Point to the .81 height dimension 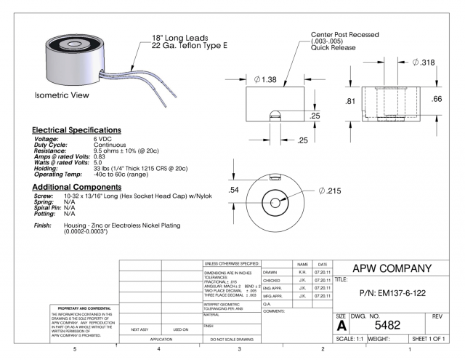349,102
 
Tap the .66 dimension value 436,99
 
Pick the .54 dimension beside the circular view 234,190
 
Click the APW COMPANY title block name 392,267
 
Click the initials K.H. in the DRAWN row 302,272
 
